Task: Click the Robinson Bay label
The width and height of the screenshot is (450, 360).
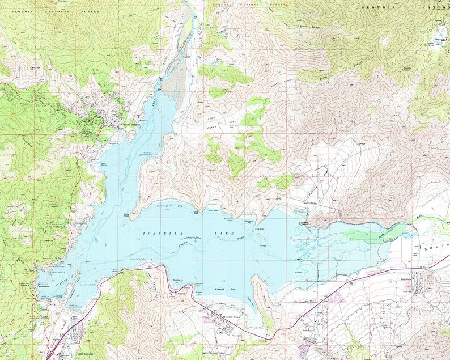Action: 248,215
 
